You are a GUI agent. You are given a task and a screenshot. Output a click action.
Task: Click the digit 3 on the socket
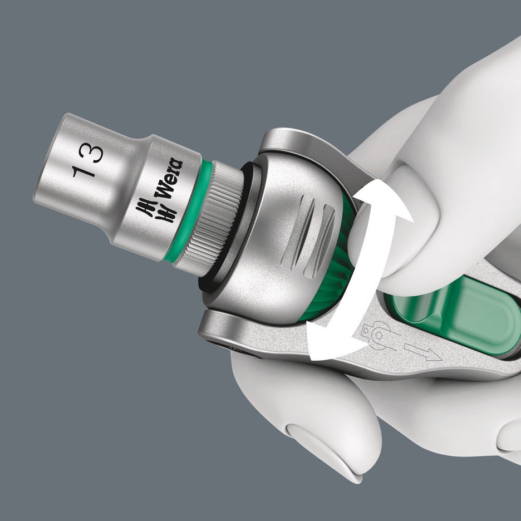(91, 153)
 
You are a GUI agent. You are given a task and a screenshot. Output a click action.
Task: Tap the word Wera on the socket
(168, 179)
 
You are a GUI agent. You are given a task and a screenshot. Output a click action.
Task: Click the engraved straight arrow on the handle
(422, 352)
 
